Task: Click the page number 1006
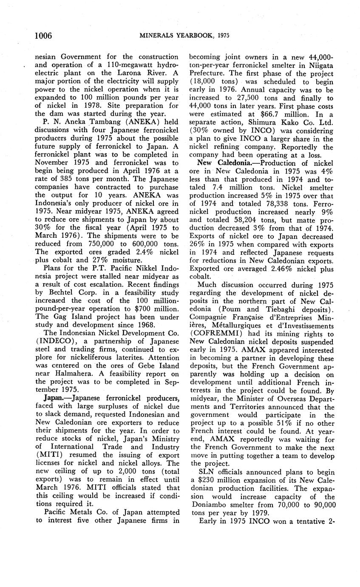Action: [x=43, y=35]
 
